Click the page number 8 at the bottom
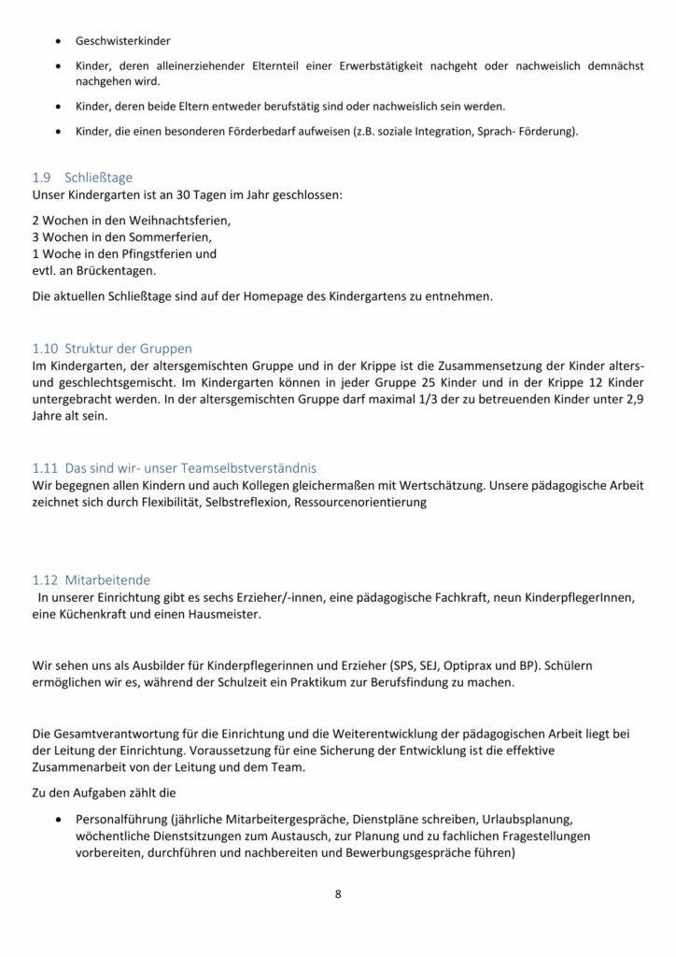coord(338,893)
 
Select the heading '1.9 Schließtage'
coord(84,178)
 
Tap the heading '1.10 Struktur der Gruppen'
coord(112,348)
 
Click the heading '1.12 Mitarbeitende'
coord(91,579)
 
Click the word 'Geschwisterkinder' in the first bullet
coord(117,42)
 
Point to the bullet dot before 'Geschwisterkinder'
coord(60,42)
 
